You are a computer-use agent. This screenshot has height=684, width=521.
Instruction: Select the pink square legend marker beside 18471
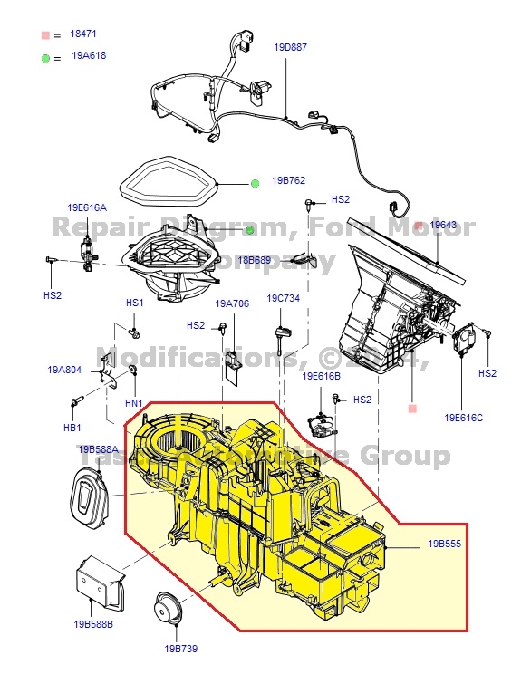coord(43,34)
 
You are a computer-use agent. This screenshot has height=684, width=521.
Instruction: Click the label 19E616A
coord(86,207)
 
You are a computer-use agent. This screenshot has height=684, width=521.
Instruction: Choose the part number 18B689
coord(255,260)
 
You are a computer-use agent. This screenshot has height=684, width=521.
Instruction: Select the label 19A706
coord(232,303)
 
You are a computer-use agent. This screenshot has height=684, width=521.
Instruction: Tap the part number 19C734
coord(283,297)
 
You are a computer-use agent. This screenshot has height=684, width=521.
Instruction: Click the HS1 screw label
coord(134,303)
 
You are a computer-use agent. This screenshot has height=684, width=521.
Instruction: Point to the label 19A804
coord(64,370)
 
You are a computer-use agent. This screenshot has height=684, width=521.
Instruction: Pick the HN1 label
coord(134,402)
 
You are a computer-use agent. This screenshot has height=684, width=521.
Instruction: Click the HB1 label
coord(71,427)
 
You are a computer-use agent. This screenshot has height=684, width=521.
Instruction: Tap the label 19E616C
coord(463,418)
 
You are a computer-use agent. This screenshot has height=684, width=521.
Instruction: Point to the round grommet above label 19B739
coord(167,607)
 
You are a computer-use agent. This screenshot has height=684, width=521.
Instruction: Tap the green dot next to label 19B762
coord(256,183)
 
